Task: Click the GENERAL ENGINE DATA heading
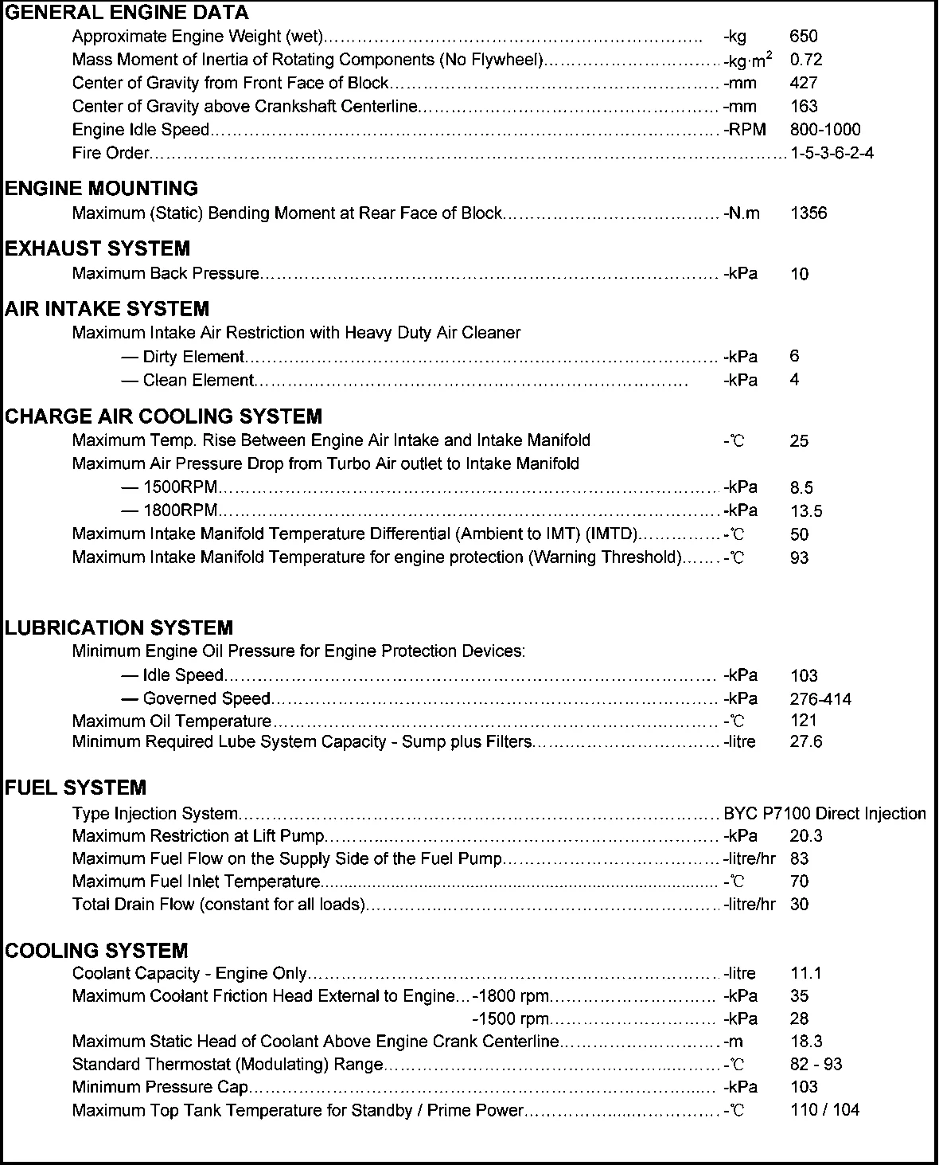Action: [127, 13]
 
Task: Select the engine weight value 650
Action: [804, 36]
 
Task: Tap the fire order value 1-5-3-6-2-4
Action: [832, 153]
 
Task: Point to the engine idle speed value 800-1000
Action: [825, 130]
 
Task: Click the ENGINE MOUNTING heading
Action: [101, 189]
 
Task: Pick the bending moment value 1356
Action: [808, 213]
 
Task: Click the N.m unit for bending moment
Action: [742, 213]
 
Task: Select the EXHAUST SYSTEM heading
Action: [97, 249]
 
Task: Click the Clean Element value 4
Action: [794, 380]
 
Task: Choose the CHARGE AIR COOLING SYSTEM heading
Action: [163, 416]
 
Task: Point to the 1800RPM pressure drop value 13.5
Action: [806, 511]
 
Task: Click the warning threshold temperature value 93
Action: [799, 558]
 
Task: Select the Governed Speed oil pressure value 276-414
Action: [820, 699]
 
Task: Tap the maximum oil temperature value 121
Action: [804, 721]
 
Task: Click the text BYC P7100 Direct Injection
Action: [824, 814]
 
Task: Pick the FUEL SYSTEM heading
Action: [76, 788]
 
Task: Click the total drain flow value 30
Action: [799, 905]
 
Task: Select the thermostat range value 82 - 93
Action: [816, 1065]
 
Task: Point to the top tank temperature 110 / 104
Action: [824, 1110]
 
